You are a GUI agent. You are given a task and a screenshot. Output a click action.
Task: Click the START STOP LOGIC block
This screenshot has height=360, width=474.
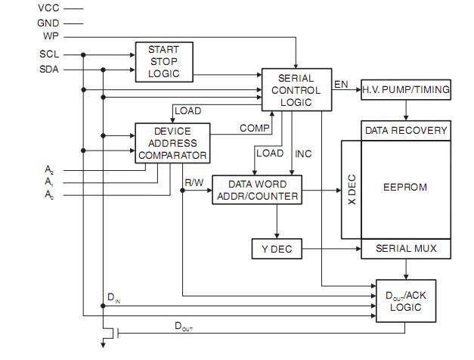point(164,62)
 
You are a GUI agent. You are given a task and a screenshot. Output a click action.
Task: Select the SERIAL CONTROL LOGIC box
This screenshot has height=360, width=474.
point(296,90)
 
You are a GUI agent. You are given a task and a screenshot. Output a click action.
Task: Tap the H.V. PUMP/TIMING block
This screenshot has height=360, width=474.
point(406,90)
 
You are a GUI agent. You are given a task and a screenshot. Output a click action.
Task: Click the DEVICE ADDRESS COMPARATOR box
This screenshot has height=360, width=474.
point(172,143)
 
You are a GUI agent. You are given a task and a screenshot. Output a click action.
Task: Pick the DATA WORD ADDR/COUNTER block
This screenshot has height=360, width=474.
point(257,190)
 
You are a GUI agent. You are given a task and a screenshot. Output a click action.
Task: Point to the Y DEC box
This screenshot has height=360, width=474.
point(277,249)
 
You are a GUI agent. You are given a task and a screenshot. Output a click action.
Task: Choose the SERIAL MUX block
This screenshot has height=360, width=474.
point(406,249)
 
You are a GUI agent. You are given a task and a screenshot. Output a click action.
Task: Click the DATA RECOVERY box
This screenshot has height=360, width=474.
point(406,131)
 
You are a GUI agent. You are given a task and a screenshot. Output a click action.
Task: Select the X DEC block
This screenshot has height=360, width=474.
point(352,190)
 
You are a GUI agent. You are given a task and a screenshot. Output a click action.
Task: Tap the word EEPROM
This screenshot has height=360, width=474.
point(405,188)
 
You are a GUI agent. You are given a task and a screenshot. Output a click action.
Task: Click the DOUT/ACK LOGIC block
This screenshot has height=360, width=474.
point(406,301)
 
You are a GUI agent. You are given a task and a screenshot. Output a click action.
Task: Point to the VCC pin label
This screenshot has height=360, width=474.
point(48,8)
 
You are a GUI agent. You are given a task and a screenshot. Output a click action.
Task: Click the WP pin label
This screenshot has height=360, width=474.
point(51,36)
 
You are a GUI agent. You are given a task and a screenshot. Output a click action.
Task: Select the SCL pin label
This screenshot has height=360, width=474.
point(49,54)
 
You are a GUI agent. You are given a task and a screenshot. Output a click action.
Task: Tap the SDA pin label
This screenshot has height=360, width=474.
point(49,70)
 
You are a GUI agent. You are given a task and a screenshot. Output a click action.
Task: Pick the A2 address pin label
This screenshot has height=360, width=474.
point(49,169)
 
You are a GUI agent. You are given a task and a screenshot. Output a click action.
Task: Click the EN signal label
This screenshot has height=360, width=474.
point(341,85)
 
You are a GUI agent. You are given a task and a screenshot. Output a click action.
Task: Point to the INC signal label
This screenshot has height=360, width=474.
point(303,154)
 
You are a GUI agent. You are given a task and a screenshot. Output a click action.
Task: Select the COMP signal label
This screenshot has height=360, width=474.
point(255,129)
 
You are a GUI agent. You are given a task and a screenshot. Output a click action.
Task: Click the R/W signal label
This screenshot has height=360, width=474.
point(194,183)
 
